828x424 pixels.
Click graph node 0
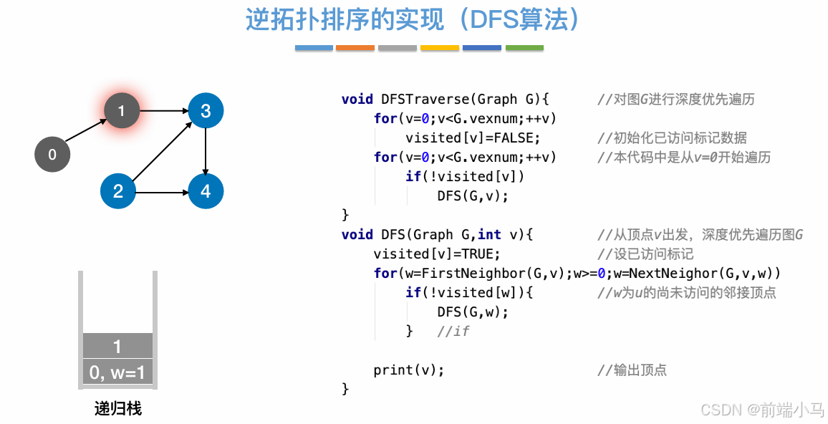52,154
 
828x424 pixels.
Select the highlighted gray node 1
122,111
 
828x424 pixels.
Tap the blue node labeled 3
206,111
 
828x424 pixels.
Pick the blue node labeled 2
118,191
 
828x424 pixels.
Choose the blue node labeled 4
206,191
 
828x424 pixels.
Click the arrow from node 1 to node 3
163,111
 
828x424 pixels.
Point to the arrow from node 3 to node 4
206,151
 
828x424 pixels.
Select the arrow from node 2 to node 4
162,192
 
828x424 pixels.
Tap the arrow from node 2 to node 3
160,152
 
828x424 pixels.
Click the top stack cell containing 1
117,346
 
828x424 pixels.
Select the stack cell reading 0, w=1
117,372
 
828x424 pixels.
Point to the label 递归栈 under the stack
117,409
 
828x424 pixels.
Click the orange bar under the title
355,48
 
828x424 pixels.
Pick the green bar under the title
524,48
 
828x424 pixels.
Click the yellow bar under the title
440,48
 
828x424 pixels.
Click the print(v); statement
409,370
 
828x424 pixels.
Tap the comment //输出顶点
632,370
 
